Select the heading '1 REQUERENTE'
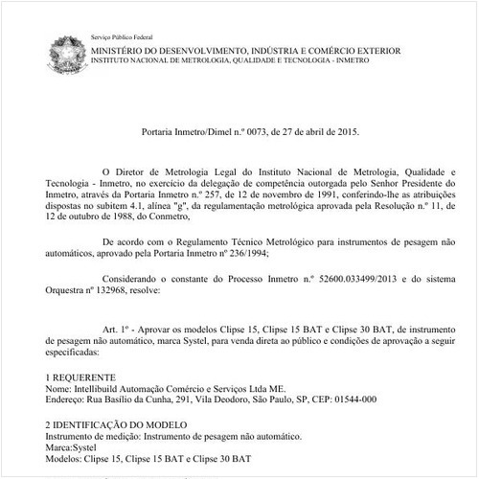click(x=81, y=377)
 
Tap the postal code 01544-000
click(x=354, y=400)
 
